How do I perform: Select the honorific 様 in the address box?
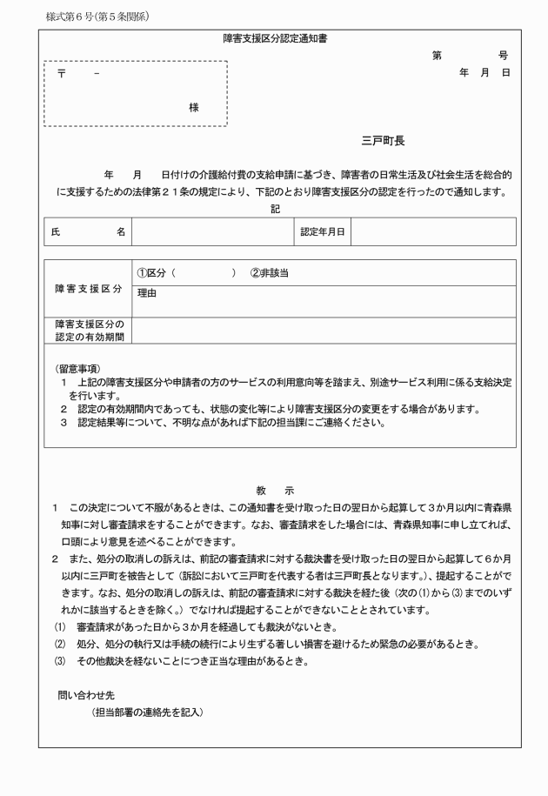click(193, 107)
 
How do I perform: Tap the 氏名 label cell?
click(87, 231)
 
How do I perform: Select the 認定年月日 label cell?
click(323, 231)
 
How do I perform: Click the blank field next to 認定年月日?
click(432, 231)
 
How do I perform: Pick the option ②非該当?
click(270, 272)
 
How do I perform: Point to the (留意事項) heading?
click(77, 369)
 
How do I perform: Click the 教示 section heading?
click(276, 491)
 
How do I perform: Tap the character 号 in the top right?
click(504, 55)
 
